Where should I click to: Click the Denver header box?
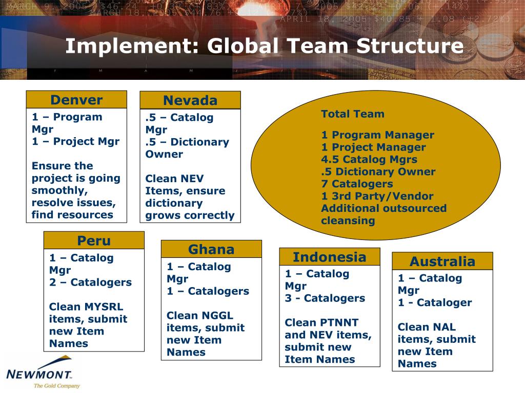[x=76, y=100]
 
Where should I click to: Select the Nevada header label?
[x=190, y=100]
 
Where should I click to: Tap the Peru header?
[x=94, y=241]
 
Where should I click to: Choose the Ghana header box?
[x=211, y=249]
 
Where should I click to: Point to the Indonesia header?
[x=330, y=257]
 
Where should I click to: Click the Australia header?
[x=442, y=261]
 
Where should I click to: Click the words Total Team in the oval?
[x=353, y=114]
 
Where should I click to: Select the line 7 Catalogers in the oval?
[x=357, y=184]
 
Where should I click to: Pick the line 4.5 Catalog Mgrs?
[x=369, y=159]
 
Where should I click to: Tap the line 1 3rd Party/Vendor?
[x=377, y=196]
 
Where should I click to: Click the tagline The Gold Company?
[x=56, y=386]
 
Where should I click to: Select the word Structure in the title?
[x=410, y=47]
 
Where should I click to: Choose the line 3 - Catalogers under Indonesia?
[x=325, y=298]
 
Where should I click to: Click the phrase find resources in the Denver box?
[x=72, y=215]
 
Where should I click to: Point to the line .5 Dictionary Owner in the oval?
[x=378, y=171]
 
